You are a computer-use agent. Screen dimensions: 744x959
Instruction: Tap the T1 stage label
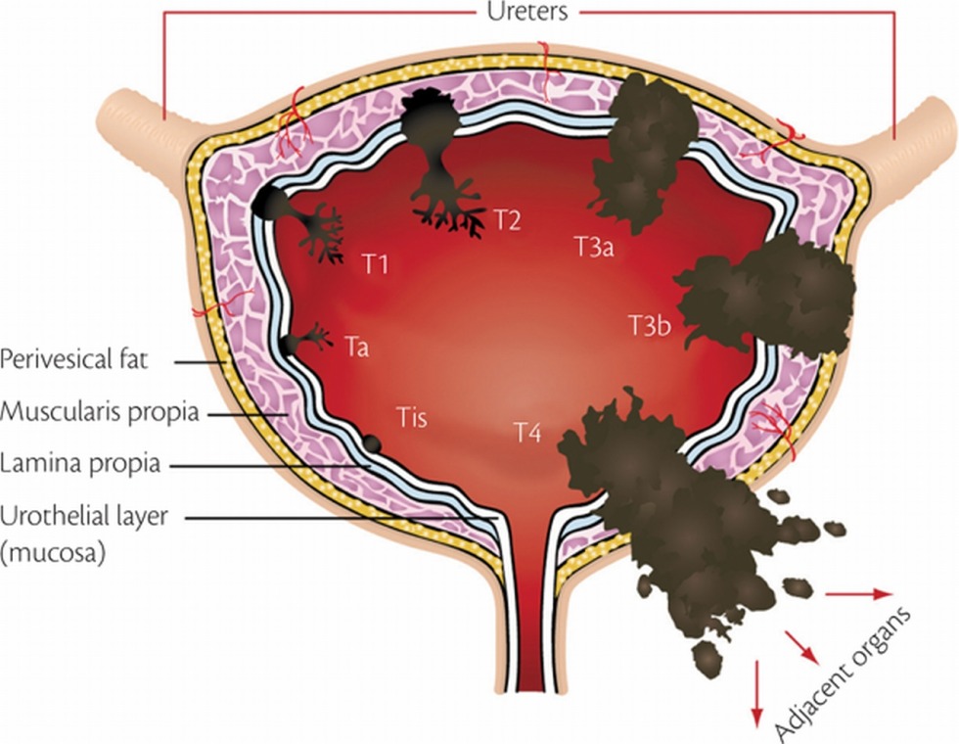[x=376, y=264]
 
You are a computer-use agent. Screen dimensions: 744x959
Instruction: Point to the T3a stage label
[x=593, y=248]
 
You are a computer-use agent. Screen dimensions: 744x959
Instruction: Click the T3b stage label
[x=649, y=325]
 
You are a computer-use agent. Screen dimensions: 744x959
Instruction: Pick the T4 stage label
[x=527, y=430]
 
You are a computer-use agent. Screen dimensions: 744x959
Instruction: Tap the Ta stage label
[x=356, y=346]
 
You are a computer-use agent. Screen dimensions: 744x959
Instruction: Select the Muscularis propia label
[x=99, y=412]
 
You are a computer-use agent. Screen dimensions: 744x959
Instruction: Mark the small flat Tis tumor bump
[x=372, y=443]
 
